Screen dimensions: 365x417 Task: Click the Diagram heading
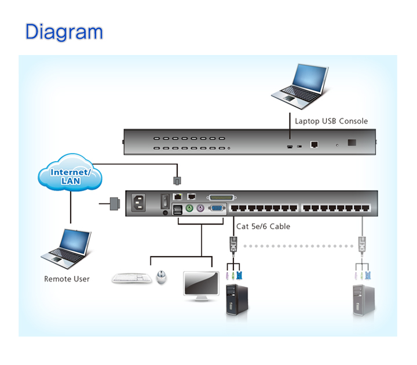[x=64, y=32]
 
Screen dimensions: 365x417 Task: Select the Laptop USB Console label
[x=331, y=121]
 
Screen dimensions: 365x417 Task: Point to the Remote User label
[x=67, y=279]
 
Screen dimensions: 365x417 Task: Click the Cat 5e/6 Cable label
[x=264, y=227]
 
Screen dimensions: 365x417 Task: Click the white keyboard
[x=132, y=278]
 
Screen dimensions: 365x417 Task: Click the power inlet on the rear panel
[x=141, y=203]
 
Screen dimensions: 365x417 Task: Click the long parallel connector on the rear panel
[x=221, y=198]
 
